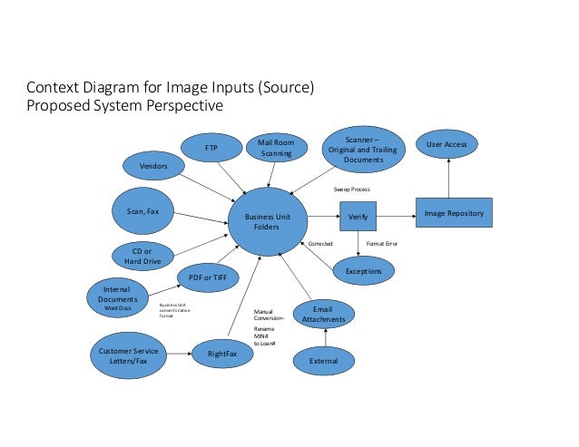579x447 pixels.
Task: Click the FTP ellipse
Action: point(211,147)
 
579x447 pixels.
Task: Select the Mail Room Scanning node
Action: point(276,148)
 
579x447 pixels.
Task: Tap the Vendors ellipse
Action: point(153,166)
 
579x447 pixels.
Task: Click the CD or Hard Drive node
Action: point(141,256)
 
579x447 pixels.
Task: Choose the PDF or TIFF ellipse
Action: point(208,277)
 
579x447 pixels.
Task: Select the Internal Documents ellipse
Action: point(117,297)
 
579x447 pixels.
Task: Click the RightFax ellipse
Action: point(222,355)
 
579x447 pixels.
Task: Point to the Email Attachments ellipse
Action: point(322,314)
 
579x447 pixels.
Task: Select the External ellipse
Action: point(324,361)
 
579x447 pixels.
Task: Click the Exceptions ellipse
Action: point(364,270)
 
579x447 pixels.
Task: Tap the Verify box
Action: point(357,217)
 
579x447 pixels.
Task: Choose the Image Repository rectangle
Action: point(454,214)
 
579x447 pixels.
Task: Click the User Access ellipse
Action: point(447,145)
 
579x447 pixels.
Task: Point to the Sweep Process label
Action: point(352,189)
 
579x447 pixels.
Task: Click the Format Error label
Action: point(381,244)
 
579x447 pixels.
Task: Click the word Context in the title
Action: point(51,88)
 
